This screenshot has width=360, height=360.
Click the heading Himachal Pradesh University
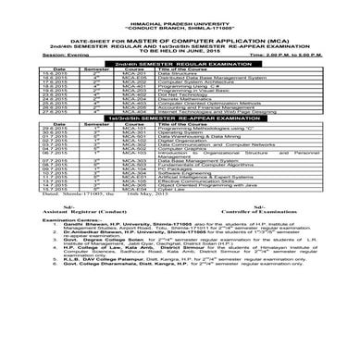click(179, 12)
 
